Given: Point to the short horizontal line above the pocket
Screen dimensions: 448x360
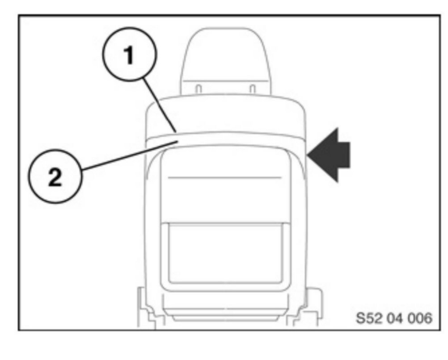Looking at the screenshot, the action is pos(224,177).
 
